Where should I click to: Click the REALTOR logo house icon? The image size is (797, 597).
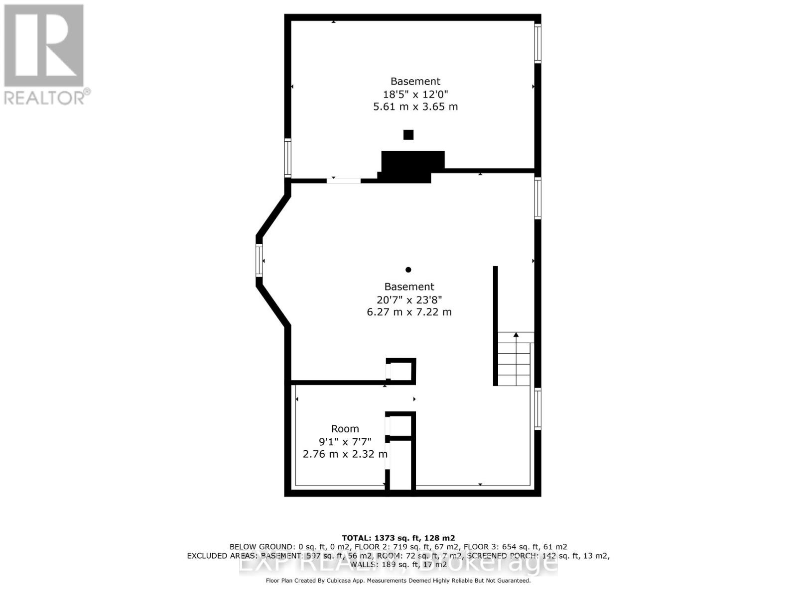pos(44,46)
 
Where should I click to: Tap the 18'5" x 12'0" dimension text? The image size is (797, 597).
pos(415,94)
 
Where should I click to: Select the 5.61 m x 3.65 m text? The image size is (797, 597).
pos(415,106)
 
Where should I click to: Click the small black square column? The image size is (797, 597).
pos(408,134)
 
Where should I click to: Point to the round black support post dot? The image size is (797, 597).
pos(408,270)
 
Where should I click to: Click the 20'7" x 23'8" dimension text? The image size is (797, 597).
pos(409,299)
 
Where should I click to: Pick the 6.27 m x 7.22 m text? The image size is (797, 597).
pos(409,312)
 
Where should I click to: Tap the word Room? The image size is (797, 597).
pos(345,428)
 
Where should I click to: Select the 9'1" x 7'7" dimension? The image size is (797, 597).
pos(345,441)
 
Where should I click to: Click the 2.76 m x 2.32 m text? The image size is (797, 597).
pos(345,454)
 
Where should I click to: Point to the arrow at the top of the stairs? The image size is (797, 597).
pos(516,335)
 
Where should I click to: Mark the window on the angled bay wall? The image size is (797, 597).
pos(259,260)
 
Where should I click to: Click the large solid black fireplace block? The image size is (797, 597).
pos(412,164)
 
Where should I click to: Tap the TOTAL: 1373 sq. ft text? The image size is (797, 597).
pos(398,538)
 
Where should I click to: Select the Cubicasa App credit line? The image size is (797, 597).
pos(398,581)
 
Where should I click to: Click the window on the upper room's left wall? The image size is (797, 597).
pos(287,158)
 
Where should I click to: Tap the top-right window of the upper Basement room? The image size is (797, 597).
pos(537,43)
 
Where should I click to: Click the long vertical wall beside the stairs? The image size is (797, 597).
pos(495,325)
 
